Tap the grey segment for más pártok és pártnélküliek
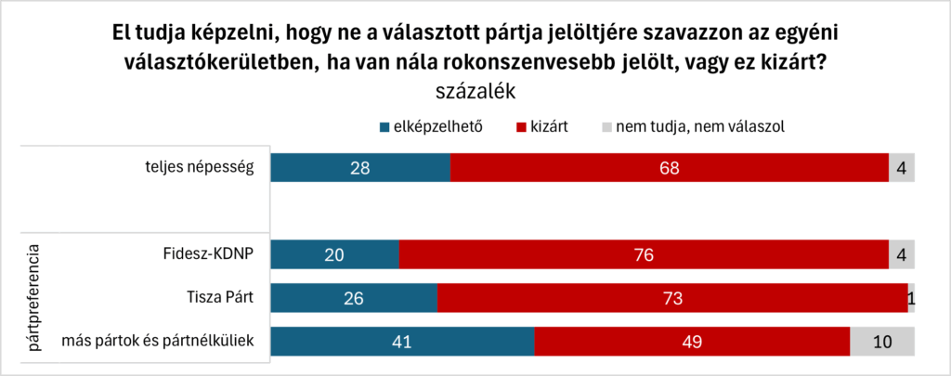(x=882, y=341)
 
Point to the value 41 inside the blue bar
(x=403, y=342)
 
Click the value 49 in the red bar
(x=692, y=342)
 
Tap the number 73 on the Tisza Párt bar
(x=673, y=299)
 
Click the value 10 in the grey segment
(x=882, y=342)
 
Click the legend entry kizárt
(x=549, y=125)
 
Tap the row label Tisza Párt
(x=220, y=298)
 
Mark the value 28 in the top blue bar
(x=360, y=169)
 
